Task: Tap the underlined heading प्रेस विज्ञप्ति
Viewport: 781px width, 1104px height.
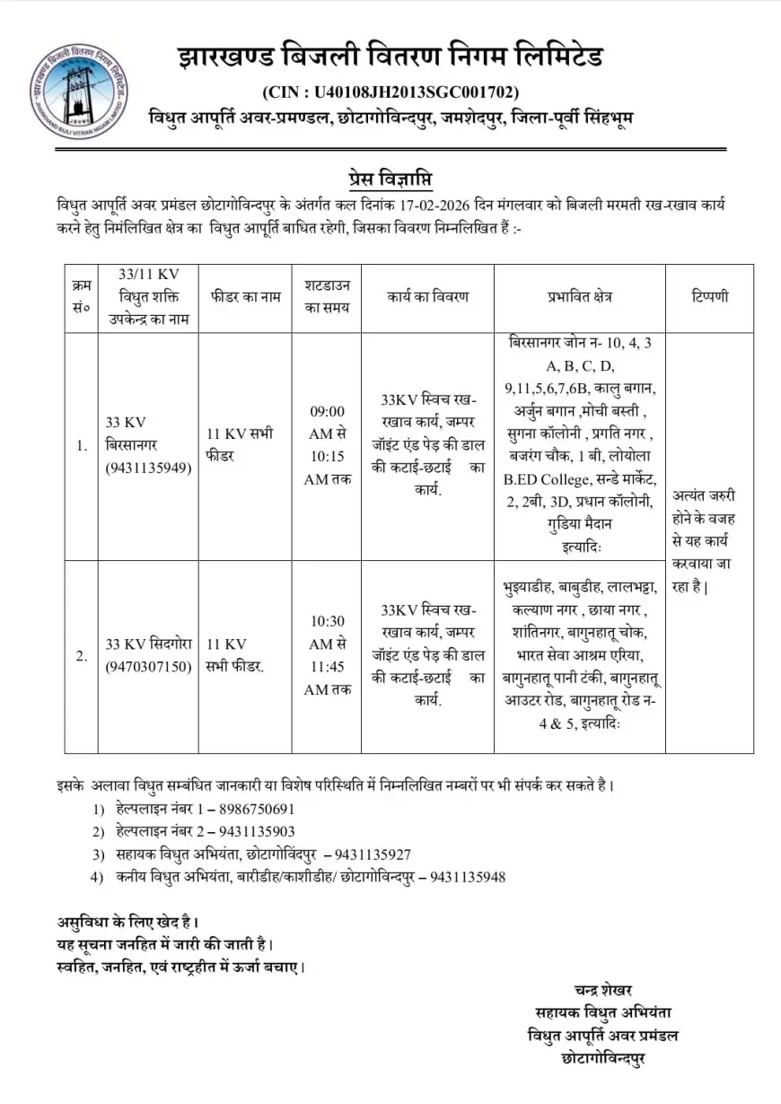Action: [x=390, y=176]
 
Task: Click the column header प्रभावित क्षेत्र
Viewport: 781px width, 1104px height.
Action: [x=579, y=297]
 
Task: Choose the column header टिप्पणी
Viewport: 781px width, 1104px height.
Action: [x=709, y=297]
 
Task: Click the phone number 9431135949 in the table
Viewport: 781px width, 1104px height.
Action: [x=149, y=468]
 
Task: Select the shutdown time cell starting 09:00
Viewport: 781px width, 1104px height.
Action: [x=327, y=446]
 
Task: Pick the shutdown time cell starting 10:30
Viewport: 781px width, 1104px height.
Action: [x=327, y=655]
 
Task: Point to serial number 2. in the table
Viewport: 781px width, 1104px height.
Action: [x=82, y=655]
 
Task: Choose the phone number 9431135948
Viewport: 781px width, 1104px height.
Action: [x=468, y=876]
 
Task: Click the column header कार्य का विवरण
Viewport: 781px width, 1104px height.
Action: [x=428, y=297]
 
